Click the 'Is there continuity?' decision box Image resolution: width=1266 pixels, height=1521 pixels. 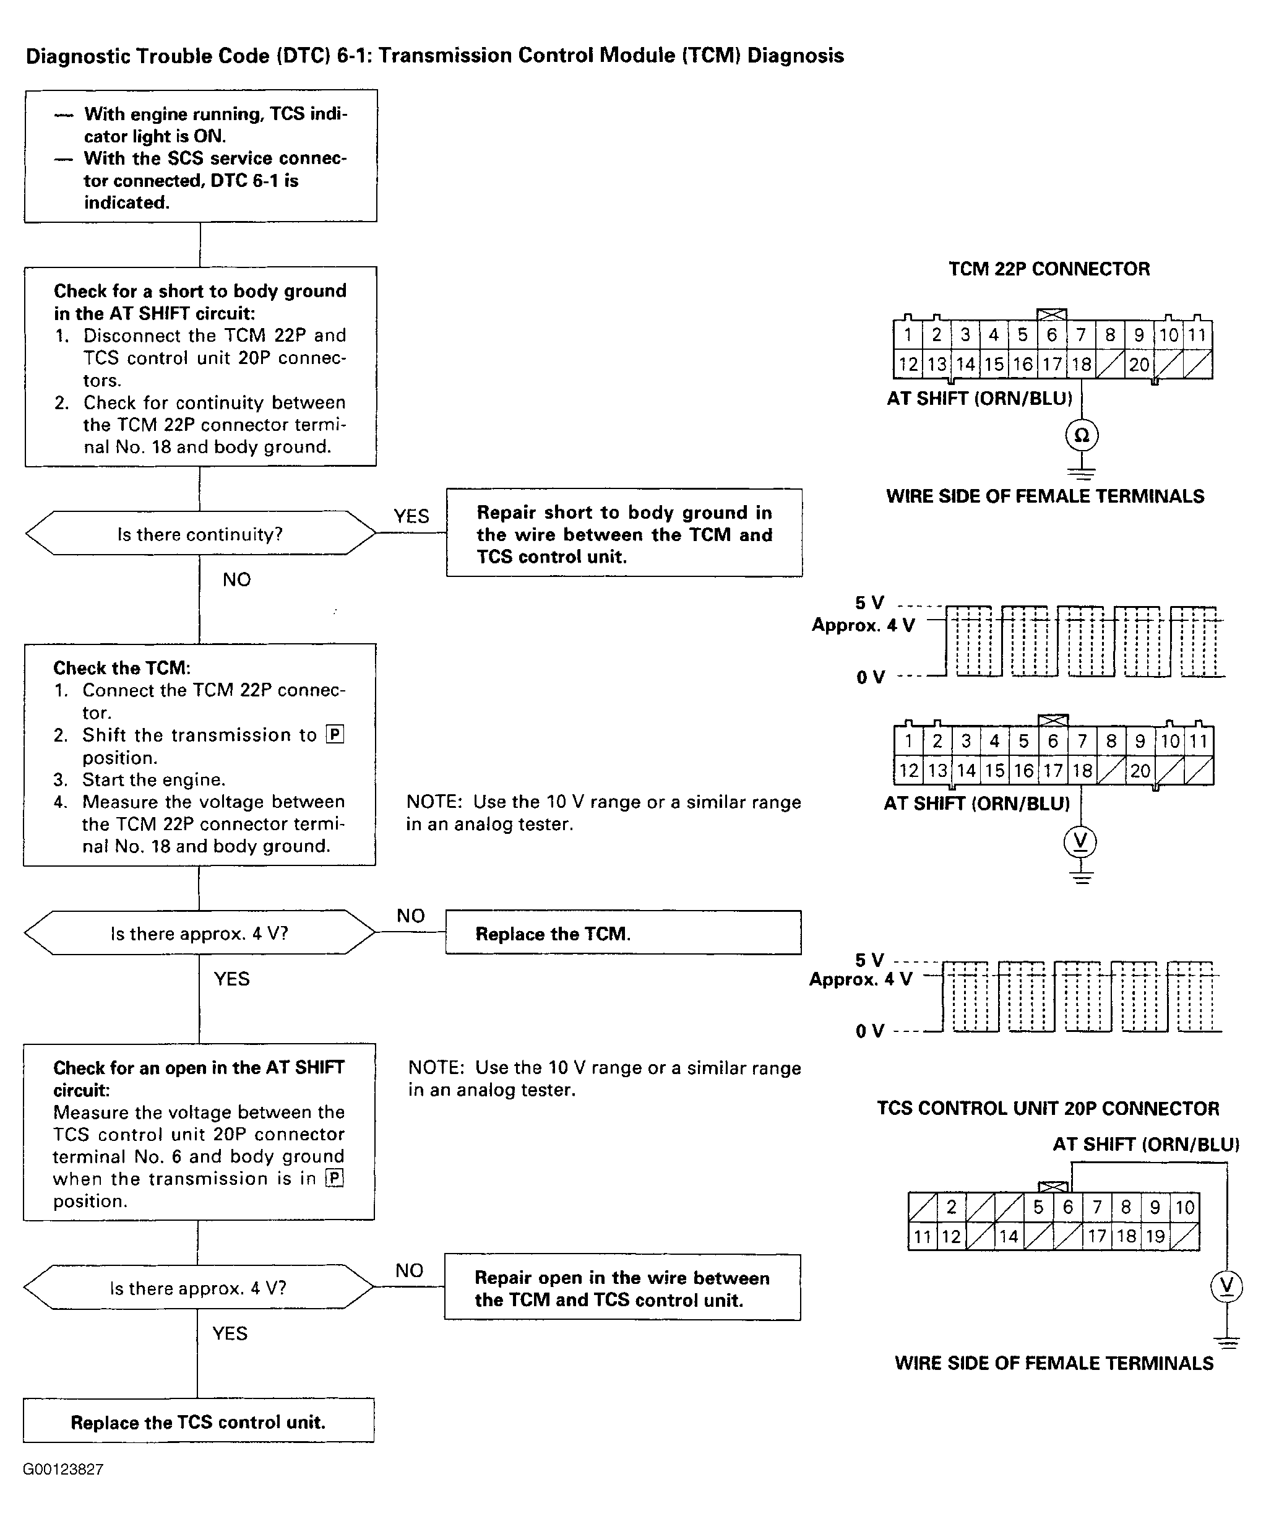[x=200, y=534]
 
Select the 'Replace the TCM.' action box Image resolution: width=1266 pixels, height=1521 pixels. [x=623, y=933]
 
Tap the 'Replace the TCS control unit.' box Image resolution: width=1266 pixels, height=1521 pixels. [x=199, y=1422]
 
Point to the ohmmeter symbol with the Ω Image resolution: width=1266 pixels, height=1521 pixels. [x=1082, y=435]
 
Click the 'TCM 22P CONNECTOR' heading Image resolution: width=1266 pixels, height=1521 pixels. [x=1049, y=269]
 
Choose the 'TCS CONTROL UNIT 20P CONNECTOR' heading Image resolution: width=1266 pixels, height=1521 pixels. [x=1048, y=1108]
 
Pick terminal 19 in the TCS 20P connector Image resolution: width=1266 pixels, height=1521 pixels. [x=1155, y=1236]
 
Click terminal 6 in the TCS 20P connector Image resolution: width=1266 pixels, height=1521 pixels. [x=1067, y=1207]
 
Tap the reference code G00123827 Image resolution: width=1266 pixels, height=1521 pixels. [x=63, y=1470]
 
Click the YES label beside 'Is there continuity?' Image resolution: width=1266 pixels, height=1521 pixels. [x=411, y=516]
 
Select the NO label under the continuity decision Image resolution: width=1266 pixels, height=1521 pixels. [x=237, y=579]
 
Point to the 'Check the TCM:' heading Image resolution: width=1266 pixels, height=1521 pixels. [x=122, y=668]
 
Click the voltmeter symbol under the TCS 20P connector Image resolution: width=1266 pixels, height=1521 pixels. [x=1226, y=1286]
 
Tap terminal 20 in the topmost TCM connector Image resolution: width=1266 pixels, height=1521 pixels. [x=1139, y=365]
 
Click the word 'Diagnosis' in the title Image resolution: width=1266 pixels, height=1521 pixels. [x=796, y=56]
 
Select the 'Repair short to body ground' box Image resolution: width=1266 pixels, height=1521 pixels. [x=624, y=533]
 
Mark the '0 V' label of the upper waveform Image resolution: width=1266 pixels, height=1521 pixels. [x=870, y=677]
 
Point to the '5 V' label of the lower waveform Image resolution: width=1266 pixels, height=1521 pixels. [x=869, y=960]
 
